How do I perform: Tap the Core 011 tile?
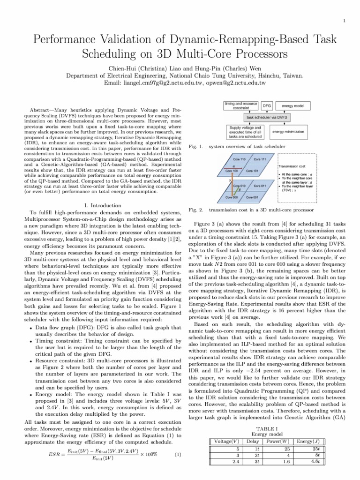coord(261,186)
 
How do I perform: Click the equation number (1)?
coord(178,454)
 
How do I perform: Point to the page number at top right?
coord(345,21)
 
